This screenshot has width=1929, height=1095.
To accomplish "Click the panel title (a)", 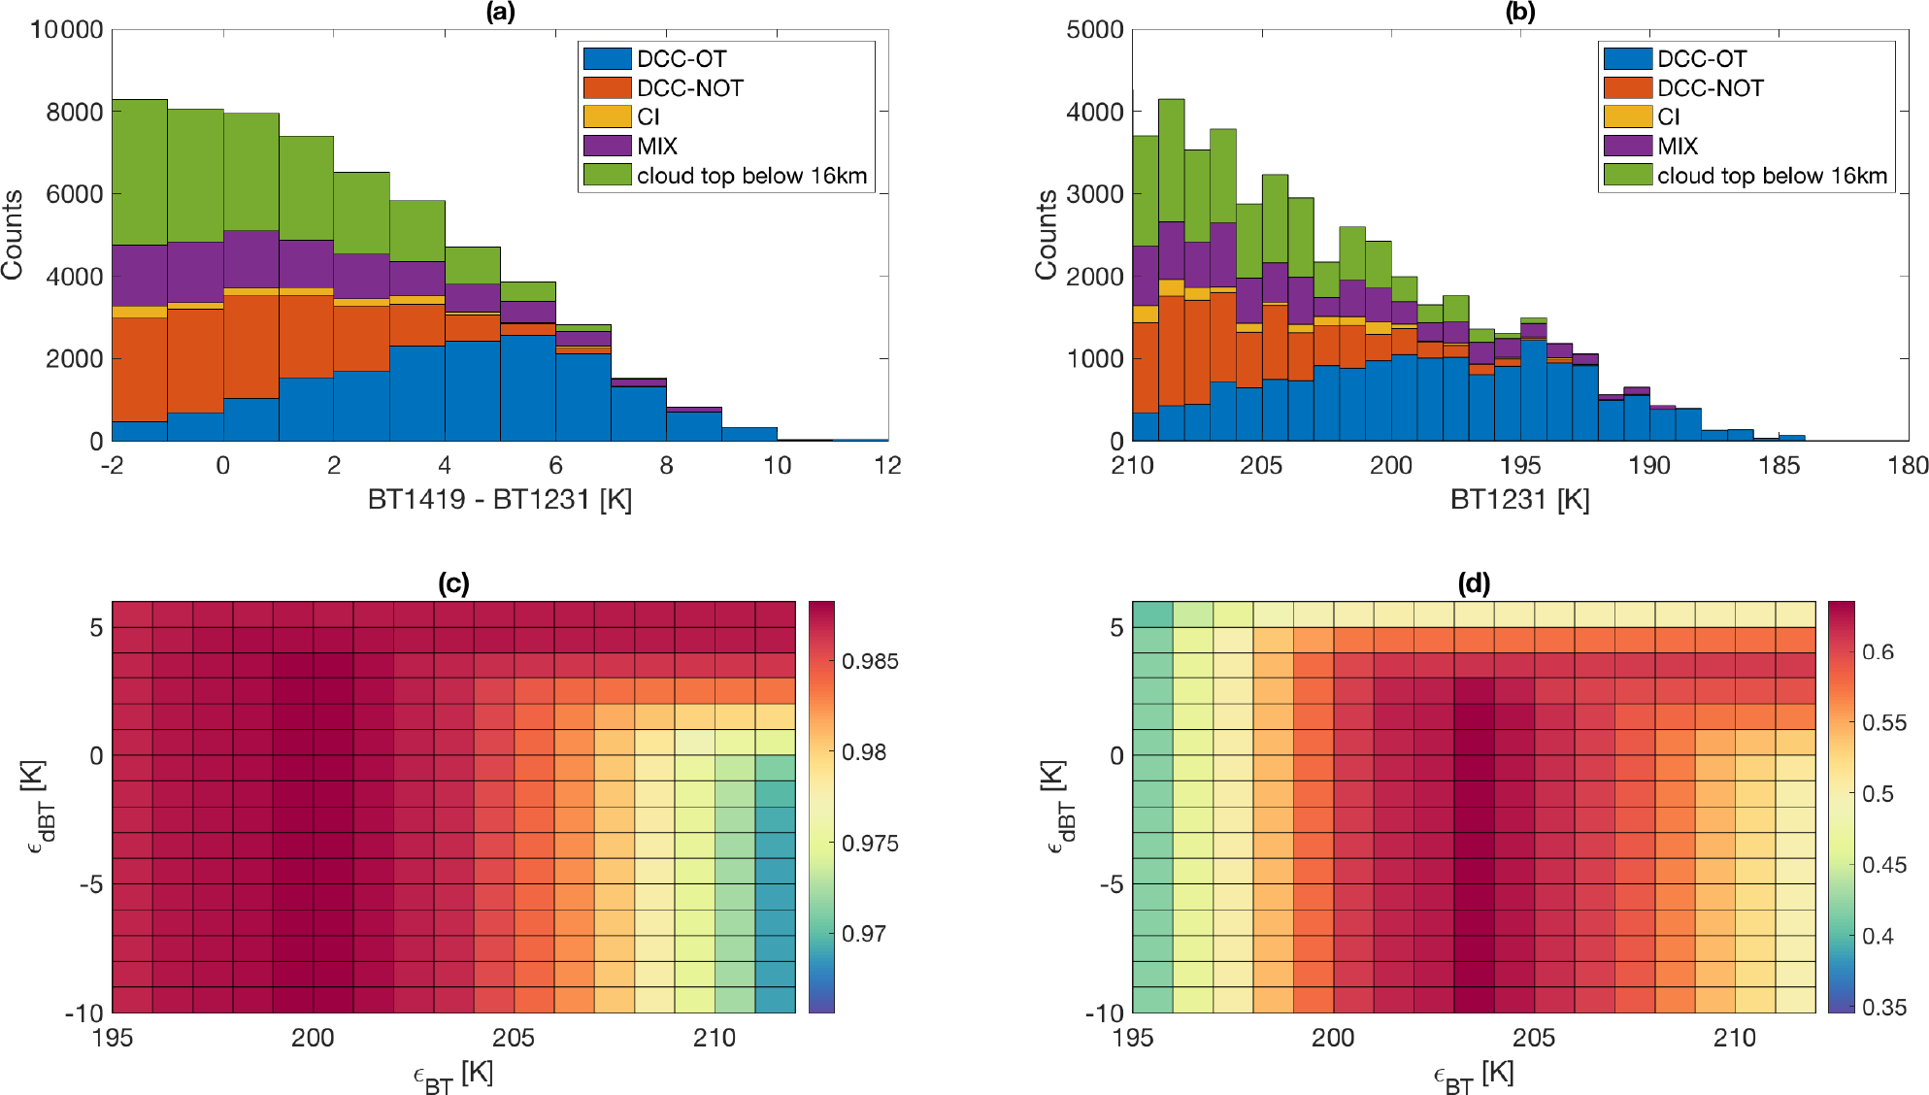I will tap(501, 12).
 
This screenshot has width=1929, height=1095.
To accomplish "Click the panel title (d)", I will tap(1474, 583).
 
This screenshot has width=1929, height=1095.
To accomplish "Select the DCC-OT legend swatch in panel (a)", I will tap(607, 59).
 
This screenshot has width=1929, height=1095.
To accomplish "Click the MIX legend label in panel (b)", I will tap(1678, 147).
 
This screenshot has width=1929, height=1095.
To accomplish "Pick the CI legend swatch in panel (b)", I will tap(1627, 117).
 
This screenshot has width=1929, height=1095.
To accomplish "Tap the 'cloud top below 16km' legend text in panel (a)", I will tap(751, 176).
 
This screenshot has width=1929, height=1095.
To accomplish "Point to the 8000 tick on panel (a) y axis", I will tap(75, 113).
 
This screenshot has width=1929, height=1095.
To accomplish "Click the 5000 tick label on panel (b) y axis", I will tap(1094, 30).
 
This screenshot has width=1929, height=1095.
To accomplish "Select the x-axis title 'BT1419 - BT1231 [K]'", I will tap(500, 500).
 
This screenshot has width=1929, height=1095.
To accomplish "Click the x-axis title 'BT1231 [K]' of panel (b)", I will tap(1519, 500).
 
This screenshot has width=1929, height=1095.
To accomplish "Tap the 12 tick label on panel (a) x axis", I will tap(887, 466).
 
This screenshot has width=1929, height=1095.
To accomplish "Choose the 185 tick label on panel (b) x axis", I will tap(1779, 466).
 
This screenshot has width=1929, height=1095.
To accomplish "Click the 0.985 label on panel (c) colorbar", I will tap(870, 662).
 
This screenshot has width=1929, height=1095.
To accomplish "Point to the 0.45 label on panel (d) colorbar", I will tap(1884, 865).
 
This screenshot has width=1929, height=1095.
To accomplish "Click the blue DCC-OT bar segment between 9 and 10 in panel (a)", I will tap(748, 434).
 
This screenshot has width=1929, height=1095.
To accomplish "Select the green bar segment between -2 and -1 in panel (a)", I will tap(140, 172).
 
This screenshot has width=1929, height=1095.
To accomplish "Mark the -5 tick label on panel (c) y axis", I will tap(90, 884).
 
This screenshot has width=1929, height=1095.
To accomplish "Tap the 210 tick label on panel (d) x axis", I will tap(1734, 1039).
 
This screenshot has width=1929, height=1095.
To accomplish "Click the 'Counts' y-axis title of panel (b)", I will tap(1047, 235).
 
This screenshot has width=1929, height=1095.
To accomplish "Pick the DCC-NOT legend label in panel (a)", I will tap(690, 88).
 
